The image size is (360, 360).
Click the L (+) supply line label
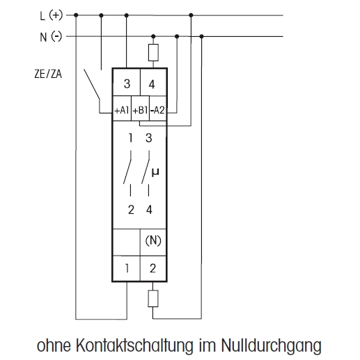pyautogui.click(x=52, y=15)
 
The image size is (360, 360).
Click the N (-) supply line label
pyautogui.click(x=51, y=37)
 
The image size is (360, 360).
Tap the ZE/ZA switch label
pyautogui.click(x=48, y=74)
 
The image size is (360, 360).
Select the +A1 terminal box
pyautogui.click(x=122, y=109)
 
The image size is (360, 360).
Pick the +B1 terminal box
pyautogui.click(x=140, y=109)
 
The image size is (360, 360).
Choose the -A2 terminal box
pyautogui.click(x=158, y=109)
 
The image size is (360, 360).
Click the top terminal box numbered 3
pyautogui.click(x=127, y=82)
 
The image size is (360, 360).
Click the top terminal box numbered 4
pyautogui.click(x=153, y=82)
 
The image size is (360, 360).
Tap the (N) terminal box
pyautogui.click(x=153, y=242)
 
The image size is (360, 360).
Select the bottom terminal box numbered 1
pyautogui.click(x=126, y=269)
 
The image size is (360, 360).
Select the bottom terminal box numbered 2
pyautogui.click(x=153, y=269)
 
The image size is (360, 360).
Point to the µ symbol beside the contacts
pyautogui.click(x=155, y=173)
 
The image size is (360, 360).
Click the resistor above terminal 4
pyautogui.click(x=153, y=53)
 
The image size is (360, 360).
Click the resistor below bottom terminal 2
pyautogui.click(x=153, y=299)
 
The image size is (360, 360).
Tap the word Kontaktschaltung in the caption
pyautogui.click(x=134, y=345)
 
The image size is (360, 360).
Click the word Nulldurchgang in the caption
pyautogui.click(x=271, y=345)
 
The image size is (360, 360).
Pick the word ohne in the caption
pyautogui.click(x=54, y=345)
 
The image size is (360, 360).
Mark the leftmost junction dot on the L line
pyautogui.click(x=76, y=15)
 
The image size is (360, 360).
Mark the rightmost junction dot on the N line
pyautogui.click(x=201, y=36)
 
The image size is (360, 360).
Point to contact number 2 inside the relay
pyautogui.click(x=131, y=210)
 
